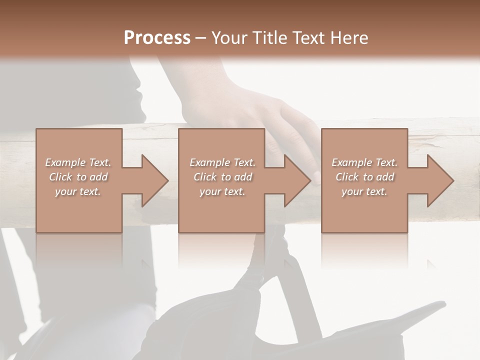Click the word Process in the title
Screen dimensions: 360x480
click(x=157, y=38)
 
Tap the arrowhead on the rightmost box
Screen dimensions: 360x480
click(x=439, y=180)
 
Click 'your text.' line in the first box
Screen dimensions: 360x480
click(x=78, y=191)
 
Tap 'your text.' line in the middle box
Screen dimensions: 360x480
click(x=222, y=191)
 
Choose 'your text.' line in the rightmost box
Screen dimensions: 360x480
click(x=364, y=191)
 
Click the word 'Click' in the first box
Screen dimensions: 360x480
click(x=60, y=177)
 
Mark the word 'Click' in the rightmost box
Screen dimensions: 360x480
click(x=347, y=177)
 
